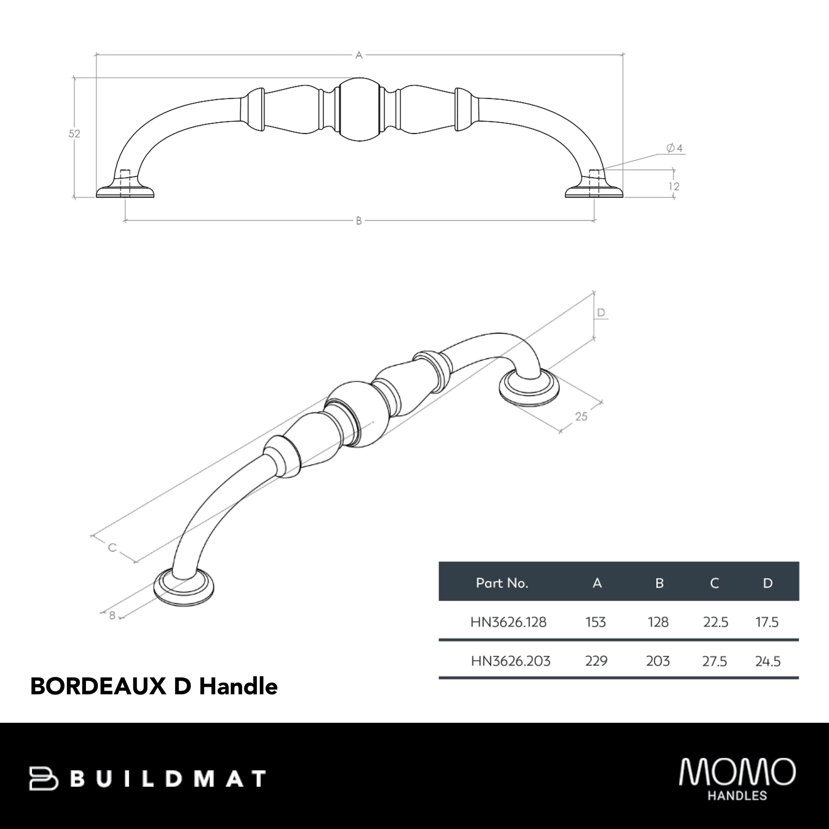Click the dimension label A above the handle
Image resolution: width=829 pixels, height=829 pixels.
click(x=359, y=55)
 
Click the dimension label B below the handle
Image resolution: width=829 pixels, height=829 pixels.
click(x=359, y=221)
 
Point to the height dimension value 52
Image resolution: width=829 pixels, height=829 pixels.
click(x=74, y=134)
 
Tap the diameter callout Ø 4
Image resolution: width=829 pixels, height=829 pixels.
click(x=674, y=148)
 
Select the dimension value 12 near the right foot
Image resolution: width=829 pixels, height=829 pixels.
click(x=674, y=187)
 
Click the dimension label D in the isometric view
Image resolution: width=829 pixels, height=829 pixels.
click(x=601, y=312)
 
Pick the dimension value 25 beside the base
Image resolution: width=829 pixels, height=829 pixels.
click(x=581, y=417)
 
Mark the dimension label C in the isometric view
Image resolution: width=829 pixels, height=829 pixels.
click(x=112, y=547)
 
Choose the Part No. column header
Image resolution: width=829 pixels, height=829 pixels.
click(x=501, y=583)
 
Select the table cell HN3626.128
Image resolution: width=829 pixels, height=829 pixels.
click(x=508, y=622)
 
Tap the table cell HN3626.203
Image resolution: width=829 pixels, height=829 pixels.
click(x=510, y=661)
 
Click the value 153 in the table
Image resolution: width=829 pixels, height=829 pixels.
click(x=596, y=622)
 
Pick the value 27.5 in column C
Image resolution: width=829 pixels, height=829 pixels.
click(x=714, y=661)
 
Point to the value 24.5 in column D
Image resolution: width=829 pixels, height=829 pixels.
click(x=767, y=661)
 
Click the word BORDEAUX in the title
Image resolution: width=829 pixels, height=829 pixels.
click(x=98, y=687)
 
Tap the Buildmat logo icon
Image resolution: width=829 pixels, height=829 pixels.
click(x=43, y=778)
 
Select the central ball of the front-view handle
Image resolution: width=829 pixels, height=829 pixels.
click(x=359, y=109)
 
